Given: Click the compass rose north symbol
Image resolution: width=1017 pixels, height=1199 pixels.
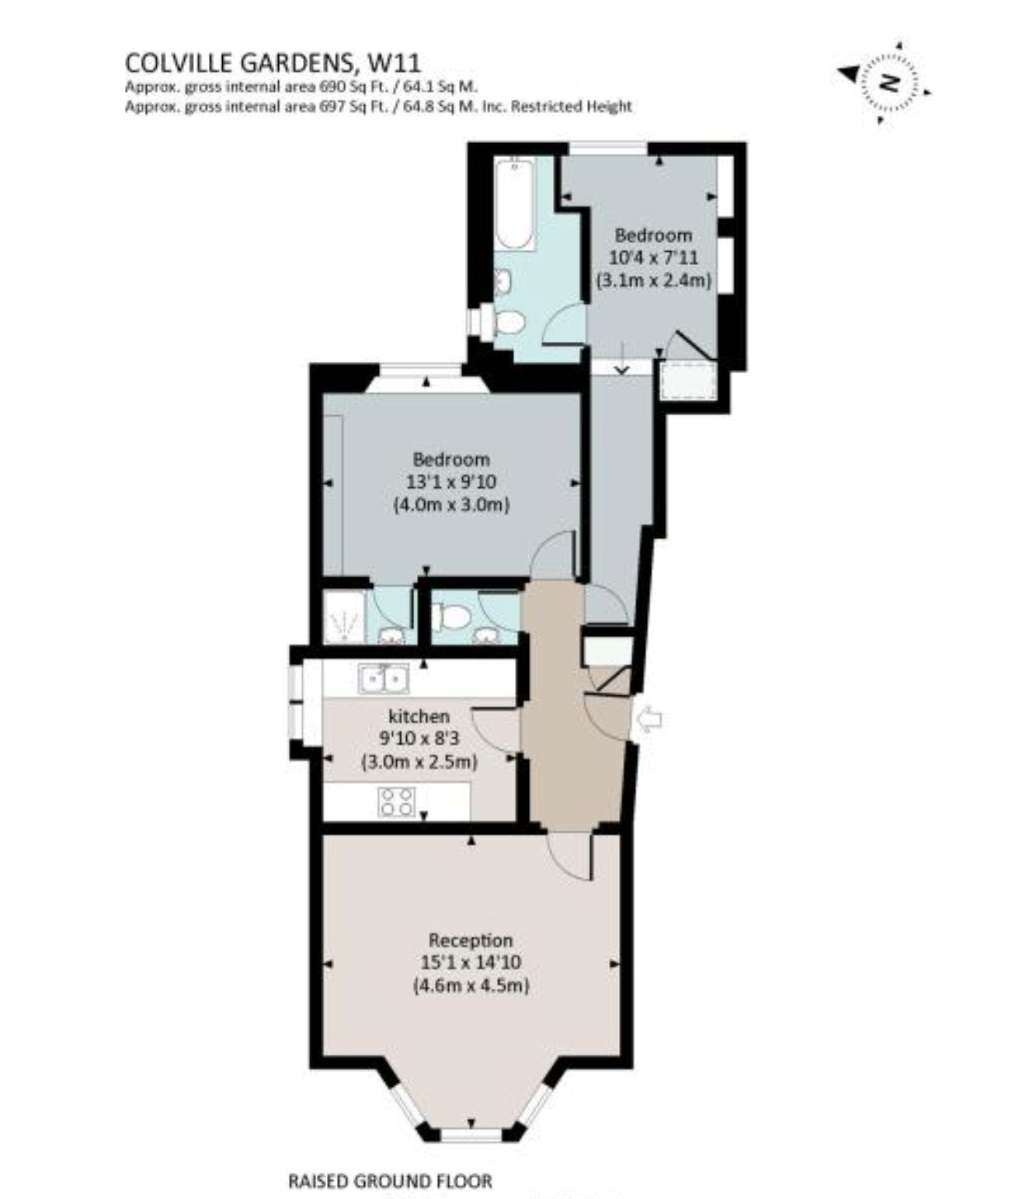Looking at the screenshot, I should click(888, 82).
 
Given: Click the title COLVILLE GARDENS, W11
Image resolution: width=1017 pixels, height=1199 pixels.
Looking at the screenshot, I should click(272, 63).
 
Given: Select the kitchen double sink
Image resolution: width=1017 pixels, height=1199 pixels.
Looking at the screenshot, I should click(384, 679).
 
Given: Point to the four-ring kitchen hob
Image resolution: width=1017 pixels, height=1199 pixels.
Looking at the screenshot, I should click(396, 802).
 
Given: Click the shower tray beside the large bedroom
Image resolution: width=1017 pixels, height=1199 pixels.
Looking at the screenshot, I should click(343, 617).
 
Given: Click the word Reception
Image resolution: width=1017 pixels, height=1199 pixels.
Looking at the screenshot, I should click(471, 940).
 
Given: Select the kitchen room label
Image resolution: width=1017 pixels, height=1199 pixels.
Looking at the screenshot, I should click(419, 716).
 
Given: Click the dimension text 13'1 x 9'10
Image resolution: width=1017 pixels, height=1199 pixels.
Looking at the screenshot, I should click(451, 481).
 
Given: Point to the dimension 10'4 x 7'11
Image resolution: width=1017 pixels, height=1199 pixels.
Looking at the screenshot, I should click(653, 258).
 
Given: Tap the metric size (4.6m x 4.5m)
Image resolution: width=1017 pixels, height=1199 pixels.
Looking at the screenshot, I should click(471, 985).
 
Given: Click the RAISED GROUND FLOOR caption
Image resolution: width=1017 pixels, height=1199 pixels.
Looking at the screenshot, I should click(390, 1181).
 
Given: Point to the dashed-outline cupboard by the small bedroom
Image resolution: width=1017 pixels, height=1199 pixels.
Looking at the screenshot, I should click(687, 381).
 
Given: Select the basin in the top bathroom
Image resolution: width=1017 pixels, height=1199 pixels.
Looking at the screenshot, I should click(504, 282).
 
